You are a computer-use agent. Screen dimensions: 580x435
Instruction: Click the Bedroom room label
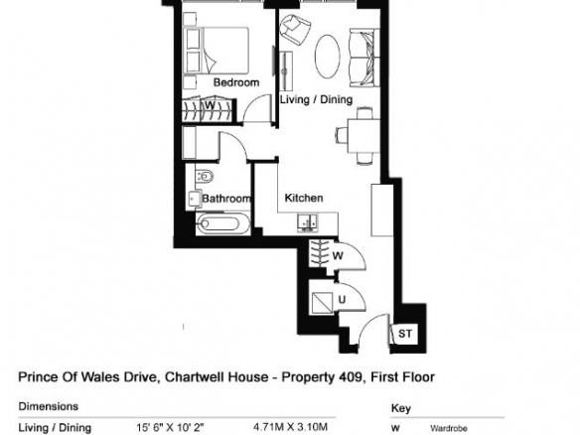click(236, 82)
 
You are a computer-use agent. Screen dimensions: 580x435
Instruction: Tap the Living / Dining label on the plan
click(316, 99)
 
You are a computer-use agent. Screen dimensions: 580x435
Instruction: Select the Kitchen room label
click(304, 198)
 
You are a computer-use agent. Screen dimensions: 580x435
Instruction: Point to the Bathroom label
click(226, 199)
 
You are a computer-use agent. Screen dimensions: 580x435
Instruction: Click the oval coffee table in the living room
click(328, 57)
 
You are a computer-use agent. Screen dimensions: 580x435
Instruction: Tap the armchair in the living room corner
click(295, 29)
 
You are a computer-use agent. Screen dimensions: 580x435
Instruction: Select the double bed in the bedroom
click(217, 51)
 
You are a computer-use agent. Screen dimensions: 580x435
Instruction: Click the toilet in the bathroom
click(204, 176)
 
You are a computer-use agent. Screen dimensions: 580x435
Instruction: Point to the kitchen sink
click(308, 221)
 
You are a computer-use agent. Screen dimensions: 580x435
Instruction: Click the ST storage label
click(405, 334)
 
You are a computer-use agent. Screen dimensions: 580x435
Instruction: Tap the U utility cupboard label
click(342, 300)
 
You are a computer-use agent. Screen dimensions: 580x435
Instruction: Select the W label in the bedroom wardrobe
click(210, 105)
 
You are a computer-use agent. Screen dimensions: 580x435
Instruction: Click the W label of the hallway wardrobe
click(338, 255)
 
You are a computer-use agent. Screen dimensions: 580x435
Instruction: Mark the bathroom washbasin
click(194, 199)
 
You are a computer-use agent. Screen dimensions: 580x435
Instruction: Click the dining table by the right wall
click(363, 136)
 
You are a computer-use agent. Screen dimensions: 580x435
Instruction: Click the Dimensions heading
click(49, 406)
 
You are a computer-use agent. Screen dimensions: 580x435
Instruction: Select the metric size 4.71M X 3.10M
click(290, 427)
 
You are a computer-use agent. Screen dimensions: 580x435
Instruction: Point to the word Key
click(400, 409)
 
